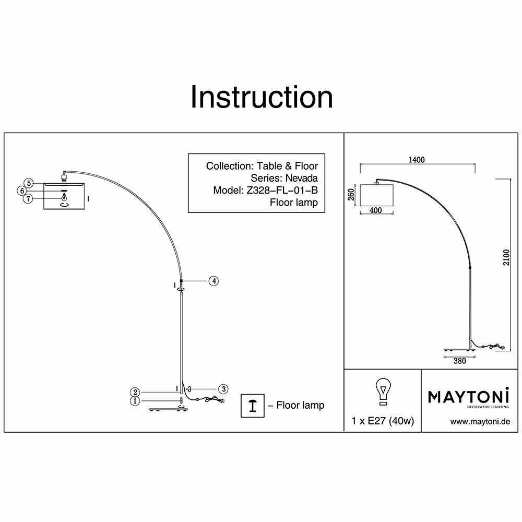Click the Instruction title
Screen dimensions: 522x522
point(262,98)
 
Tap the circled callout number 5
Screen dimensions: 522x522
point(29,183)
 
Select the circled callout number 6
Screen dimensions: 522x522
point(22,191)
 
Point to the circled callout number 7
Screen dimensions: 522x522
point(28,199)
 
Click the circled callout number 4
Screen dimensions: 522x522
point(213,281)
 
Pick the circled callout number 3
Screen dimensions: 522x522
point(223,389)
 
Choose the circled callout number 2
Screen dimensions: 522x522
point(135,392)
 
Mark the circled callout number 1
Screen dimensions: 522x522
point(135,401)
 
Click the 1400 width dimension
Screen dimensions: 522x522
point(418,160)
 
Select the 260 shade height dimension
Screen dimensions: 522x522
point(351,195)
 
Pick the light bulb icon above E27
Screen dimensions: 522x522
point(383,391)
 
